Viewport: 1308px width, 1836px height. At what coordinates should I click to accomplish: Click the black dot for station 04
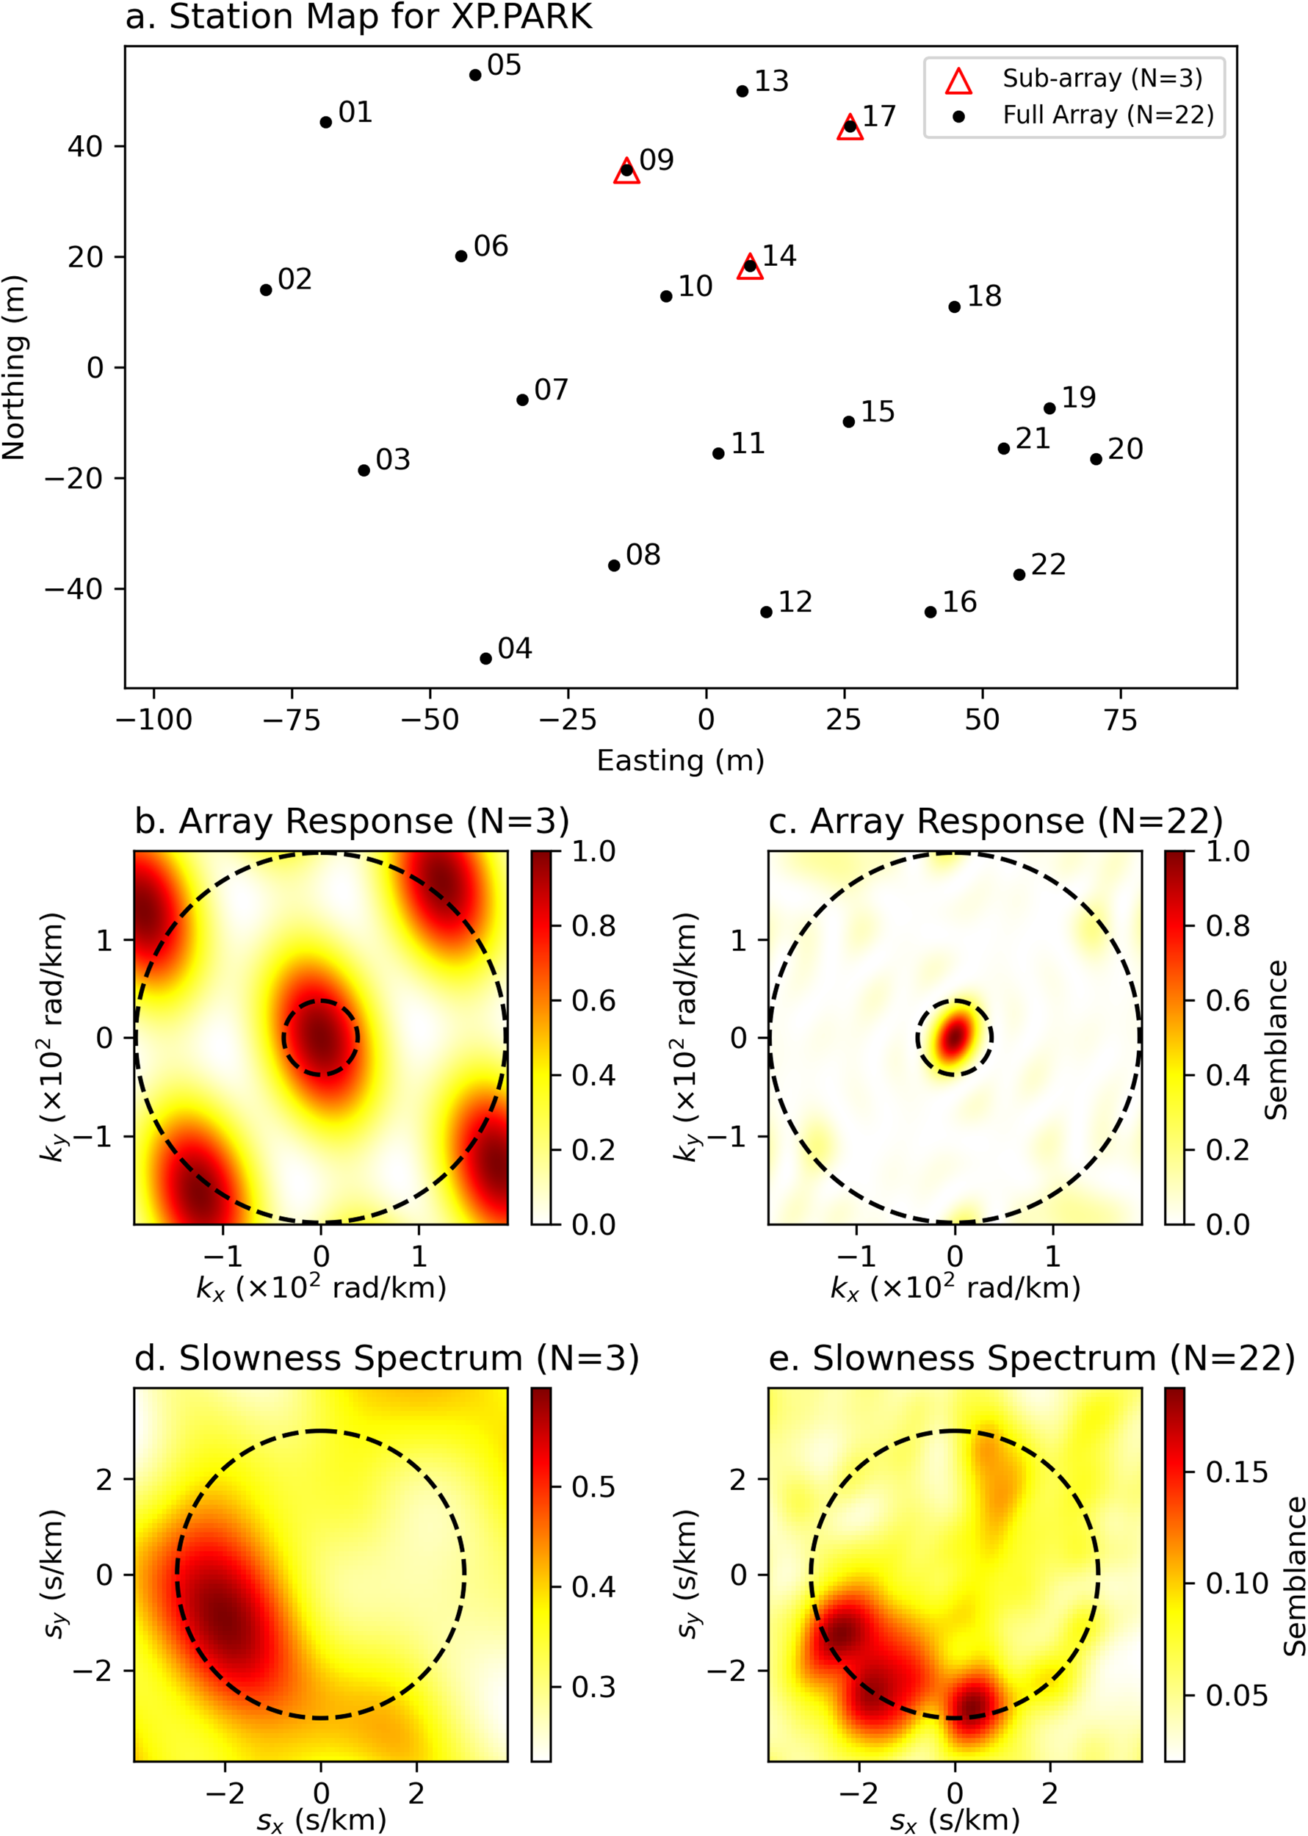(x=485, y=659)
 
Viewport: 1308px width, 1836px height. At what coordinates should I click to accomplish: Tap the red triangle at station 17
(x=850, y=127)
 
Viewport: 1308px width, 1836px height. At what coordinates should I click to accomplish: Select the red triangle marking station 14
(x=750, y=267)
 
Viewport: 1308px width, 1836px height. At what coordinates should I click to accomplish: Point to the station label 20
(x=1125, y=449)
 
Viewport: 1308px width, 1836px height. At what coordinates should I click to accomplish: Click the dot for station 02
(x=266, y=290)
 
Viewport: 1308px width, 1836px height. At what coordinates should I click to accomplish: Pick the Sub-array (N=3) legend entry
(x=1102, y=79)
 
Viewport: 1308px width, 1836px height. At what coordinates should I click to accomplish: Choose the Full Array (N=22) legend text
(x=1108, y=115)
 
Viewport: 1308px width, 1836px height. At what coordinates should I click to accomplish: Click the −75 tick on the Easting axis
(x=292, y=720)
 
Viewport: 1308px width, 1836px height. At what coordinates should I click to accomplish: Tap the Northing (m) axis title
(x=15, y=367)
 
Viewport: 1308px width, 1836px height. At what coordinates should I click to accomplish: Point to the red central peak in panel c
(x=955, y=1037)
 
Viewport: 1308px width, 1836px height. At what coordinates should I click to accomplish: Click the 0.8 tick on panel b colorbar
(x=593, y=926)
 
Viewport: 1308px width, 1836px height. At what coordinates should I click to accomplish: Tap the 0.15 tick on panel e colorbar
(x=1236, y=1472)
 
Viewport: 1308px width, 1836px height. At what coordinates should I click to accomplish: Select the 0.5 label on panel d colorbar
(x=593, y=1486)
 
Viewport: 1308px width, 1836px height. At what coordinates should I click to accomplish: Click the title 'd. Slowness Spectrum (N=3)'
(x=386, y=1359)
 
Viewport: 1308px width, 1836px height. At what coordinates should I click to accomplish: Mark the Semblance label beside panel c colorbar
(x=1276, y=1038)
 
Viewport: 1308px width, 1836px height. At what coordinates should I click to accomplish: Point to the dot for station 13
(x=742, y=91)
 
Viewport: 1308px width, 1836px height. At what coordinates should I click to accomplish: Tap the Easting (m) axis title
(x=680, y=760)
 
